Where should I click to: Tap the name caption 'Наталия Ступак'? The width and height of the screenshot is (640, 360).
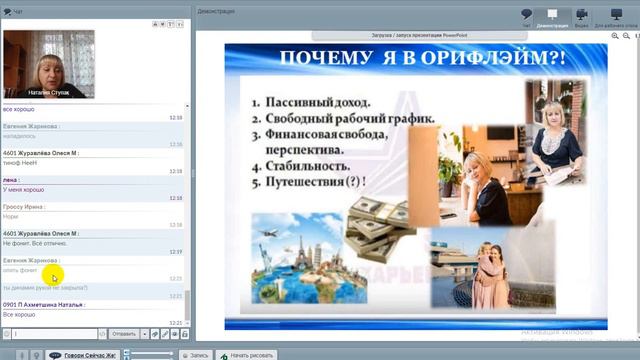[x=48, y=92]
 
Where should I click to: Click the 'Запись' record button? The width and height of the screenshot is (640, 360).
[x=196, y=354]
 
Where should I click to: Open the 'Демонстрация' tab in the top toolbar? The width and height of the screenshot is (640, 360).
[x=552, y=18]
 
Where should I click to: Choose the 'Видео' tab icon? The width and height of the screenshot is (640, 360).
[x=580, y=18]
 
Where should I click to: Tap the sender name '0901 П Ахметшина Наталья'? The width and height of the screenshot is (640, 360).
[x=44, y=304]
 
